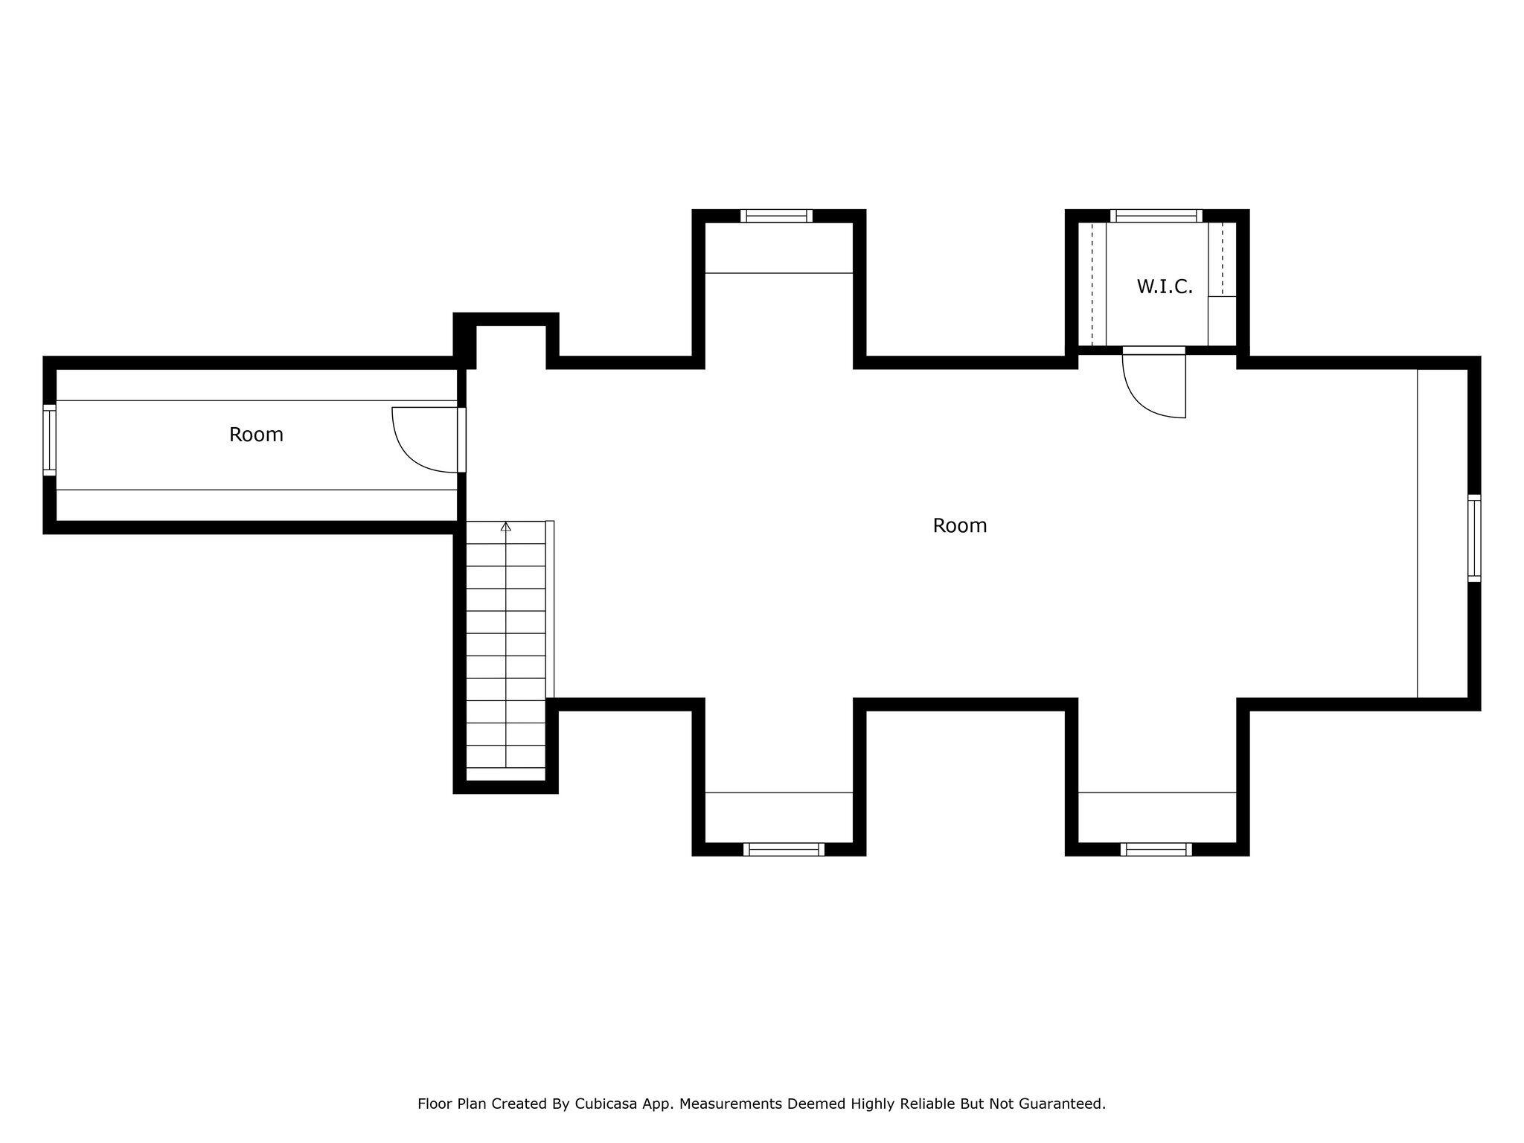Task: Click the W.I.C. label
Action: pos(1165,286)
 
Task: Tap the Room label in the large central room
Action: pos(959,526)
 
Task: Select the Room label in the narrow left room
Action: pos(256,435)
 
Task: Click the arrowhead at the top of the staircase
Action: pos(506,527)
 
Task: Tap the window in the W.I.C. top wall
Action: pos(1156,216)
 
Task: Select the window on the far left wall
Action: pos(49,440)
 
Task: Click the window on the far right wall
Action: pos(1473,538)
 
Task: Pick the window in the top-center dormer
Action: pos(776,216)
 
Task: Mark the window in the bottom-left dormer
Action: pos(784,849)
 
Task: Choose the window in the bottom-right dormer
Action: pos(1156,849)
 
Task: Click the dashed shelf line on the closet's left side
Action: pos(1092,284)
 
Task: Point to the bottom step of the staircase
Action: pos(506,756)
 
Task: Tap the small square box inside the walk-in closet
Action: pos(1222,321)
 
